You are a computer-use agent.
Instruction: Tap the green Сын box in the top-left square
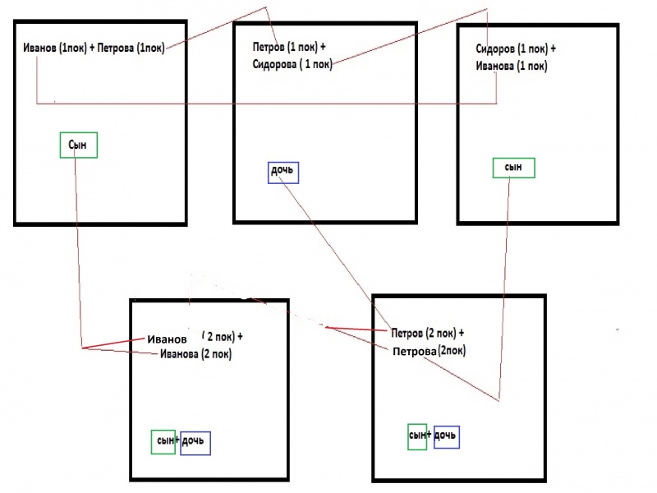79,145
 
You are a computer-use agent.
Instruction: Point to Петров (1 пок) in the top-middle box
282,47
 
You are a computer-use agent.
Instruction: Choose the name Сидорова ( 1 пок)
292,65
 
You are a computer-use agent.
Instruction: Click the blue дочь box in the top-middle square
283,173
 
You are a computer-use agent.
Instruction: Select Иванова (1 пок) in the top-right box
512,66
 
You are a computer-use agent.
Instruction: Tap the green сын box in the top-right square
513,167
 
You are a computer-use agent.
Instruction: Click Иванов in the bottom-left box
168,339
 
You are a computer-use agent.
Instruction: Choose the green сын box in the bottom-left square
163,442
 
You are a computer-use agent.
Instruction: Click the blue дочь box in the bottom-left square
195,443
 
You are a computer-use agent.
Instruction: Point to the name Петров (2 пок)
424,334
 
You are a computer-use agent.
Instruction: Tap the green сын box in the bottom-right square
417,436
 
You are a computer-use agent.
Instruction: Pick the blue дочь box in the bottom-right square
446,436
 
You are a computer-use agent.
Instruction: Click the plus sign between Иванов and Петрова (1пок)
90,48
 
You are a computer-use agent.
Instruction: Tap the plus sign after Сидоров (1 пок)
553,48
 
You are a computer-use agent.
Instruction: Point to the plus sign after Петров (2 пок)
461,334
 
